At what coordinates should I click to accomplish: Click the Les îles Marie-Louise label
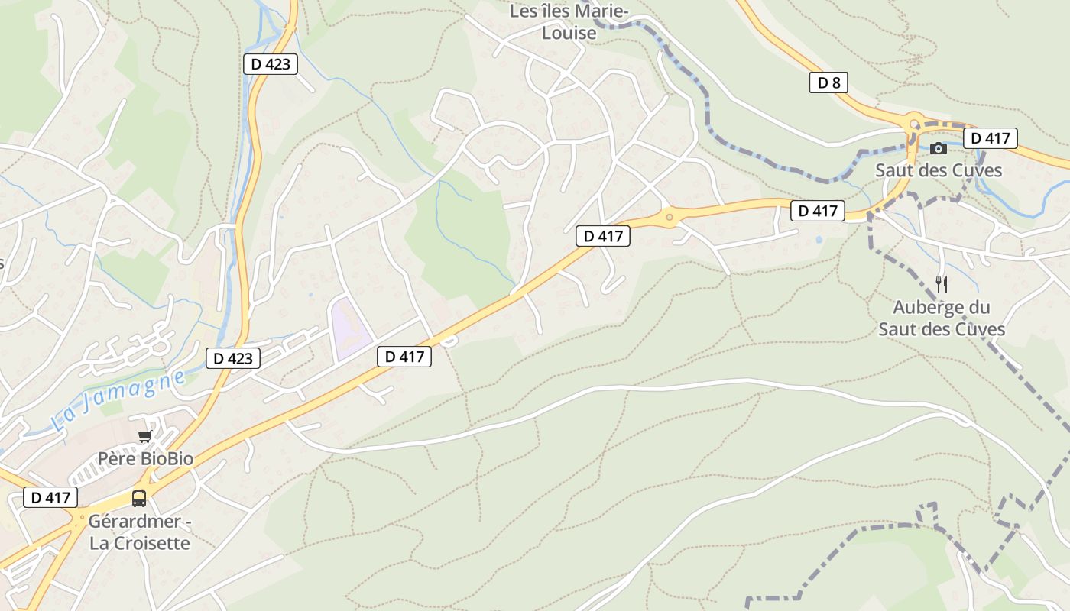click(x=569, y=22)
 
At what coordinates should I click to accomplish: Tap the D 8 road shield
click(x=828, y=82)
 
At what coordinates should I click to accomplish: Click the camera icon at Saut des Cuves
click(x=939, y=149)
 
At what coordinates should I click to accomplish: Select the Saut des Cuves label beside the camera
click(x=938, y=170)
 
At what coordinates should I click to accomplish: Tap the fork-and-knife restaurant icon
click(x=942, y=285)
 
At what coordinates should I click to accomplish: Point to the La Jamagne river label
click(x=118, y=399)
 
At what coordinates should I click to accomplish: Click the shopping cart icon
click(x=144, y=436)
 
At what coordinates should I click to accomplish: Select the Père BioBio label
click(x=145, y=459)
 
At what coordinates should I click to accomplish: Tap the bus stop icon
click(x=139, y=498)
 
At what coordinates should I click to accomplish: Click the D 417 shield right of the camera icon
click(x=991, y=138)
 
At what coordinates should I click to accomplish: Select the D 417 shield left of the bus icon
click(x=50, y=497)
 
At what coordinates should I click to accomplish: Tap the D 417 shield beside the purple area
click(x=404, y=356)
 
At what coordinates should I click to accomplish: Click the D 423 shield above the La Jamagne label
click(x=232, y=357)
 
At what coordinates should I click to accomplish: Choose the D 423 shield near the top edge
click(x=270, y=64)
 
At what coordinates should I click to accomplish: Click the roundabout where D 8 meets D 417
click(x=914, y=124)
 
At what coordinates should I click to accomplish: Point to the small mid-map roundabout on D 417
click(x=670, y=218)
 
